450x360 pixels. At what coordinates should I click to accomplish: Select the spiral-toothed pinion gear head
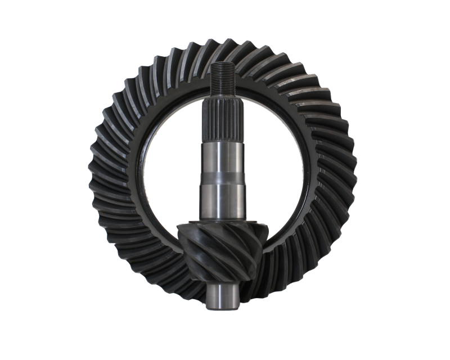tap(225, 247)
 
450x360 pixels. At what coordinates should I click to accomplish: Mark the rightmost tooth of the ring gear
tap(359, 169)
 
